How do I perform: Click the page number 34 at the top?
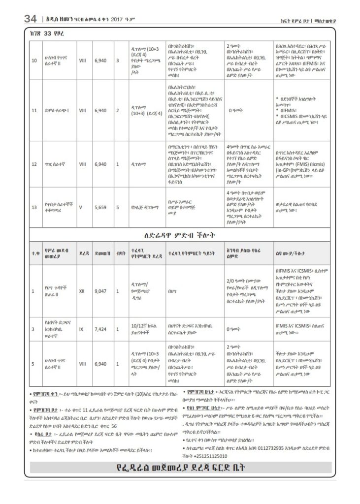pos(30,19)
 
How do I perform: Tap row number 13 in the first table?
pos(34,207)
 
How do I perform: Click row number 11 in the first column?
pos(34,110)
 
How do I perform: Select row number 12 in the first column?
pos(34,164)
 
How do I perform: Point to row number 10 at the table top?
pos(34,61)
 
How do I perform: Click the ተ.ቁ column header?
pos(34,253)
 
